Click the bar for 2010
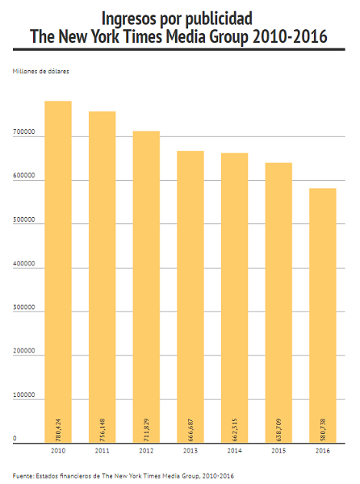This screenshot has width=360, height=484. pos(58,272)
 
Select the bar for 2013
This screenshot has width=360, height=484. pos(190,297)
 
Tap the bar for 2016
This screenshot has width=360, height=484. pos(323,315)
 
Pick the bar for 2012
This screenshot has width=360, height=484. pos(146,287)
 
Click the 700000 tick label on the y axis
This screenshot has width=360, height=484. pos(23,131)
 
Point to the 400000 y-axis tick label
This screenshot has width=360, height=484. pos(23,264)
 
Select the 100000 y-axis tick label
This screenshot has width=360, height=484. pos(23,394)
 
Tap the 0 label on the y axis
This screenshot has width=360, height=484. pos(15,438)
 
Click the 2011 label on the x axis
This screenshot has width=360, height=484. pos(103,451)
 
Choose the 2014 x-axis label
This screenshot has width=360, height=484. pos(235,451)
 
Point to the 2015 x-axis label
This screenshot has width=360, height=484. pos(278,451)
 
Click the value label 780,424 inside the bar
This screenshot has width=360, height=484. pos(58,430)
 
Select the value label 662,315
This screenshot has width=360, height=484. pos(235,430)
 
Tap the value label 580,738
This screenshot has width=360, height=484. pos(323,430)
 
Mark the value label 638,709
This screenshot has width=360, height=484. pos(278,430)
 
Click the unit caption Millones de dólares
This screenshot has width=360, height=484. pos(40,71)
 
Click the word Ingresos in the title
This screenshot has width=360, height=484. pos(129,19)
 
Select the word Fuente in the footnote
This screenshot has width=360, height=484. pos(23,476)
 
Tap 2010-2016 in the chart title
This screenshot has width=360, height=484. pos(290,36)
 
